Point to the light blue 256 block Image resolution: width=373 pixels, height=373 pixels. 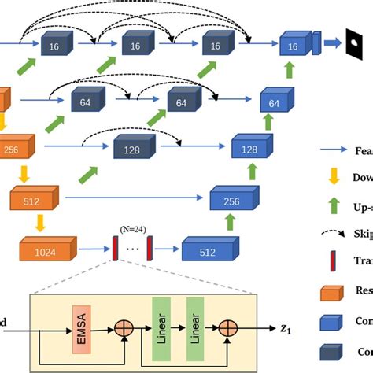click(231, 201)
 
